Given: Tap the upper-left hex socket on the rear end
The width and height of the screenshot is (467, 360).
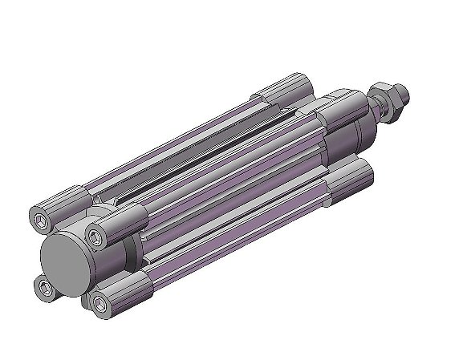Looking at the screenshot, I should click(x=42, y=217).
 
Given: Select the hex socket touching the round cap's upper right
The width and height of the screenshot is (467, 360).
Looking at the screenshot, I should click(x=98, y=236).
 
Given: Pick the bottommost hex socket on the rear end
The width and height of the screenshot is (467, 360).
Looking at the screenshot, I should click(x=99, y=303).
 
